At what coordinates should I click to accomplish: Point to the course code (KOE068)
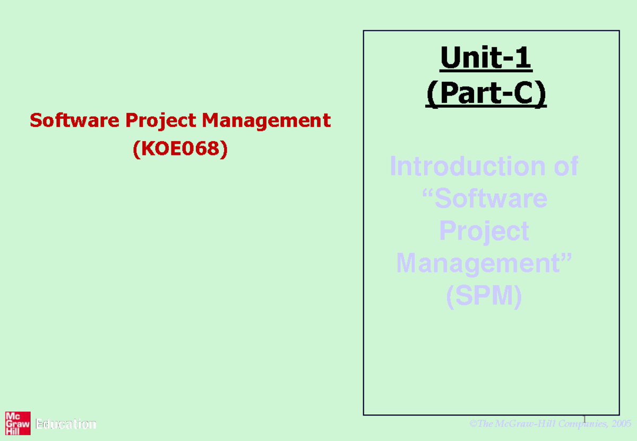pyautogui.click(x=180, y=149)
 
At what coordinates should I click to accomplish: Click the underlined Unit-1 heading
pyautogui.click(x=486, y=59)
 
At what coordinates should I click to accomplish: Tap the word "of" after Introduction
pyautogui.click(x=564, y=167)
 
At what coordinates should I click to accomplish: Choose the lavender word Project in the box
pyautogui.click(x=484, y=231)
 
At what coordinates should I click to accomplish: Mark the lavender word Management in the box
pyautogui.click(x=478, y=264)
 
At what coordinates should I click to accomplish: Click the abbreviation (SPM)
pyautogui.click(x=484, y=297)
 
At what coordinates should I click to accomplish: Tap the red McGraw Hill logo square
pyautogui.click(x=18, y=424)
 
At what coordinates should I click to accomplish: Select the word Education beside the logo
pyautogui.click(x=66, y=425)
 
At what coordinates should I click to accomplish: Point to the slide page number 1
pyautogui.click(x=584, y=420)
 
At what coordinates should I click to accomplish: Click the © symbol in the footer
pyautogui.click(x=472, y=423)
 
